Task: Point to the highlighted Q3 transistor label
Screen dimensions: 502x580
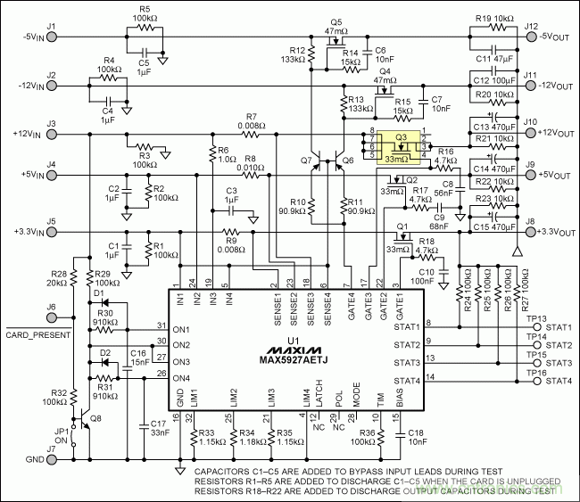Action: click(402, 137)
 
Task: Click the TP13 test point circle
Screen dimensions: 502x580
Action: click(537, 327)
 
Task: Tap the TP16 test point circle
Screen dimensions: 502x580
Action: click(537, 381)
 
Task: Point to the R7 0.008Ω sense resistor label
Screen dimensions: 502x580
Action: click(250, 122)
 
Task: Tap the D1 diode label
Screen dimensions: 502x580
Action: click(98, 293)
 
